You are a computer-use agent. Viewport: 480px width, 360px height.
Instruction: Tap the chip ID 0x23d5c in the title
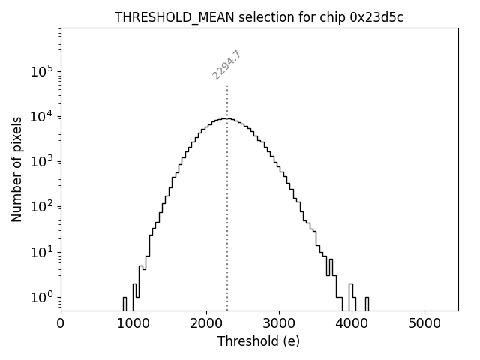[x=376, y=18]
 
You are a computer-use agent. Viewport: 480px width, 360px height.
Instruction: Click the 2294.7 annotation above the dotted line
[x=226, y=64]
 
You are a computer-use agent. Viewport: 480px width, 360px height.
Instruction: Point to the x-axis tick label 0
[x=61, y=323]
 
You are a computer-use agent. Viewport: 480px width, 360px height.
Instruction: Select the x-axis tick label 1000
[x=133, y=323]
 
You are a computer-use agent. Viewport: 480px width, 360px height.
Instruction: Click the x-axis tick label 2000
[x=206, y=323]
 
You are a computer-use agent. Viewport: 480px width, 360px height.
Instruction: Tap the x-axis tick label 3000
[x=279, y=323]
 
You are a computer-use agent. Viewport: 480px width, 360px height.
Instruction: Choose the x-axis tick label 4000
[x=352, y=323]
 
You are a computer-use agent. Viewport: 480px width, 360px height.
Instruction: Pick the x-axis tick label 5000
[x=424, y=323]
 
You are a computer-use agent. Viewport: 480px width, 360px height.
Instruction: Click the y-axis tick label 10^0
[x=42, y=297]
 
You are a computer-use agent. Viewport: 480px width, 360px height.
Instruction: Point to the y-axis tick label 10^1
[x=42, y=252]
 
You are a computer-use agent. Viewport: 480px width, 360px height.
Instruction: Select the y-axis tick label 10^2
[x=42, y=207]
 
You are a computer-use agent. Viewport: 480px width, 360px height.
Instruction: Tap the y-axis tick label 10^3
[x=42, y=162]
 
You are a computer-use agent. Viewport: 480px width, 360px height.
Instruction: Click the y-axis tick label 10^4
[x=42, y=117]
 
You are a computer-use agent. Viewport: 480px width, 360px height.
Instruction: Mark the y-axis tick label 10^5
[x=42, y=72]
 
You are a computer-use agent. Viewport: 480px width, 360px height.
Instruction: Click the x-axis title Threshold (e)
[x=259, y=341]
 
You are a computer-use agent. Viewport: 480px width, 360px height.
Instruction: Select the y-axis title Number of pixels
[x=16, y=169]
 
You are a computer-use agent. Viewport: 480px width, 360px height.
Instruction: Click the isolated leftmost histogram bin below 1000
[x=124, y=303]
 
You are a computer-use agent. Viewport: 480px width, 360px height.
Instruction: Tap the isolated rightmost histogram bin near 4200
[x=367, y=303]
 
